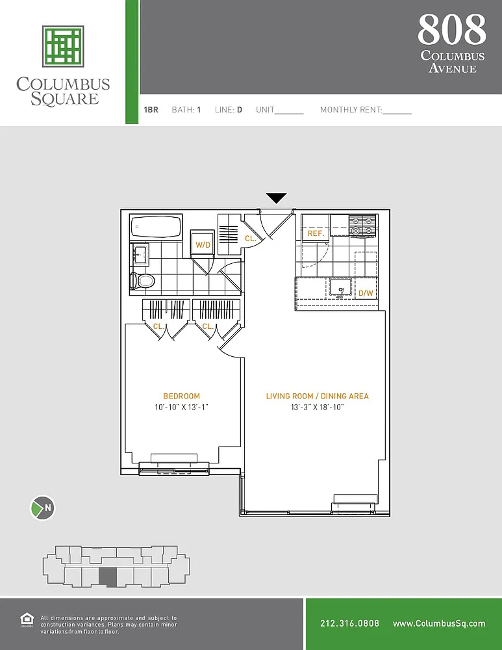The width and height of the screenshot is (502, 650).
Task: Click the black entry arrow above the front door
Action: [x=276, y=198]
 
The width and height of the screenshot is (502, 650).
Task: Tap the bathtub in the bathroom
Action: [x=156, y=227]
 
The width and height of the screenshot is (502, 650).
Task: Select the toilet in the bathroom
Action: [x=142, y=281]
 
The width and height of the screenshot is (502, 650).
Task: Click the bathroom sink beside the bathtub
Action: [x=140, y=253]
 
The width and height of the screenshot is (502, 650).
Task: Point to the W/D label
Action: [x=203, y=245]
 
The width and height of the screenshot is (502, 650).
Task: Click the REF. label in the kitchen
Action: [x=315, y=233]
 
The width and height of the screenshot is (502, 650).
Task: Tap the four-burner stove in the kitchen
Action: [x=363, y=226]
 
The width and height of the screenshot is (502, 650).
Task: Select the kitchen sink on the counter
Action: [x=340, y=288]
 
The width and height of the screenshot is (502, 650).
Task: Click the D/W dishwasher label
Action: [x=366, y=293]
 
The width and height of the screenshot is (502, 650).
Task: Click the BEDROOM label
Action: [x=181, y=396]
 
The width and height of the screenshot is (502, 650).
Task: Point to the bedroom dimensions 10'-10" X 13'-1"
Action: [x=181, y=407]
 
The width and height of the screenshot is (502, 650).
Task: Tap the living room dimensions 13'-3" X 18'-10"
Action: [x=318, y=407]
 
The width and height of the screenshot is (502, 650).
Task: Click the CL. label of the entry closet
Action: [x=251, y=239]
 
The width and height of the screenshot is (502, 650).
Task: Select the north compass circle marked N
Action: [x=43, y=508]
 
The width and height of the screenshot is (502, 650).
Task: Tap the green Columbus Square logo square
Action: [x=64, y=46]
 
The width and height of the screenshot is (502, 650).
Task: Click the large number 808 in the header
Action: [x=452, y=29]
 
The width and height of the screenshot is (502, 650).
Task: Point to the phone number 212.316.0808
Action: [x=349, y=623]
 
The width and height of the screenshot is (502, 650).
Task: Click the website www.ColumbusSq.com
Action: [x=439, y=623]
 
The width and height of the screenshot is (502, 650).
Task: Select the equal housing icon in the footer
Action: [x=27, y=619]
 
